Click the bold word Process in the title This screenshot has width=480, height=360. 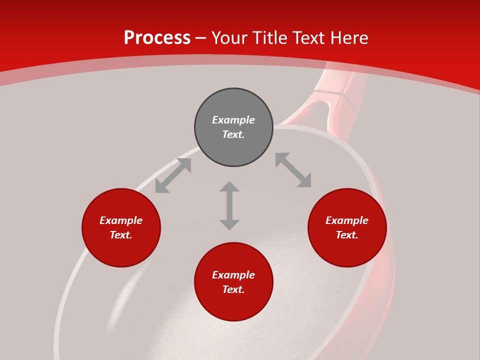[157, 38]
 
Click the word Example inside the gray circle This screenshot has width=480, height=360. [233, 120]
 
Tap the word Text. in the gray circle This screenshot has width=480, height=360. [233, 134]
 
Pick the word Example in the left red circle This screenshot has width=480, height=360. [121, 220]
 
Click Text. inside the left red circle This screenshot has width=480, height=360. [121, 235]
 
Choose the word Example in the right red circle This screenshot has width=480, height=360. [347, 220]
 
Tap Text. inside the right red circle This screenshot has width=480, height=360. [347, 235]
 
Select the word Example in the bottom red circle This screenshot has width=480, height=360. [233, 275]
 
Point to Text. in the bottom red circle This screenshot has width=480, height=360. [233, 289]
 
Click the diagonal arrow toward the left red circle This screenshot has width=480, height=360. [173, 175]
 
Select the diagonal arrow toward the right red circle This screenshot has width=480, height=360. [293, 170]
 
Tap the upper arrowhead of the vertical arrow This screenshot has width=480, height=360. [229, 186]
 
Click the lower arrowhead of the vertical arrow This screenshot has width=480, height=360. [229, 224]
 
